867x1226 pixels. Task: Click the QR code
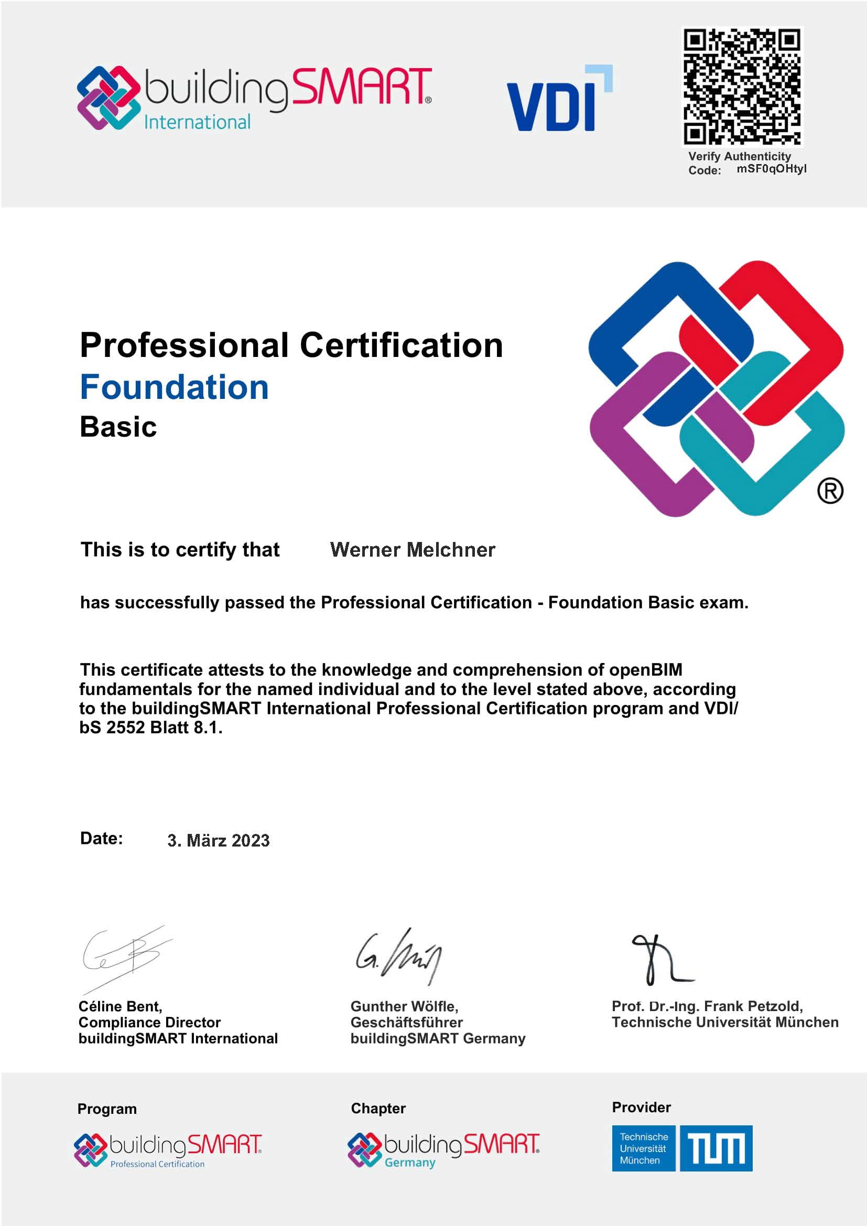(742, 86)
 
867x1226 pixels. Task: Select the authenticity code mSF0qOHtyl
(772, 169)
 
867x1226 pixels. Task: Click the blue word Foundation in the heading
(174, 387)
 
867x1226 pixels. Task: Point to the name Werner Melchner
(412, 550)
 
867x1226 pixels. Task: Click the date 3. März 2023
(219, 840)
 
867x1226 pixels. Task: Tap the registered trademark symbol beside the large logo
(830, 491)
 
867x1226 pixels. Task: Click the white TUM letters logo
(716, 1148)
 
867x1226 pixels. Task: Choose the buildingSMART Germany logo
(443, 1149)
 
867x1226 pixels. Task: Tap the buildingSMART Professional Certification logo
(168, 1149)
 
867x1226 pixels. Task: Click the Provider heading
(641, 1108)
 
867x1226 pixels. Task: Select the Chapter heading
(378, 1109)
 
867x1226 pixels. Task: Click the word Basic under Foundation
(118, 427)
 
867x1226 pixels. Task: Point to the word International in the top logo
(197, 123)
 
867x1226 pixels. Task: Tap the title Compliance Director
(149, 1022)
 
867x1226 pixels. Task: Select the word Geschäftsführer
(406, 1022)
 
